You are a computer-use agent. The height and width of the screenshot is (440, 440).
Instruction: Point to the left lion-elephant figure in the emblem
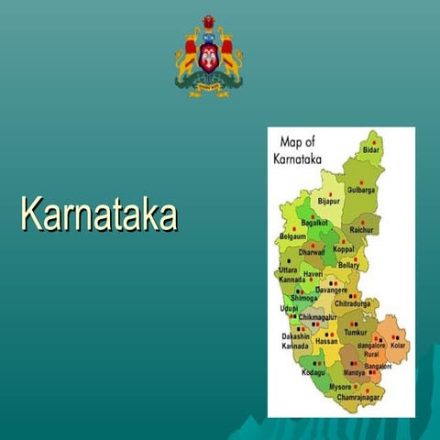tap(188, 57)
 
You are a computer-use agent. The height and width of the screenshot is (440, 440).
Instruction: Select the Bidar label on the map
tap(370, 148)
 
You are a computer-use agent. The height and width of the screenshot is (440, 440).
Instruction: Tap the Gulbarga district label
tap(361, 190)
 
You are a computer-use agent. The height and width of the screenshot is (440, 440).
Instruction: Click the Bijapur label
tap(328, 200)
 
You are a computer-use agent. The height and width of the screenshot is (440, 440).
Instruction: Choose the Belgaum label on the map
tap(292, 236)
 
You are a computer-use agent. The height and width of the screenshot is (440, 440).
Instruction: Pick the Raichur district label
tap(362, 230)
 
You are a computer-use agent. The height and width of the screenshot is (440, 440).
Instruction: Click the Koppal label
tap(344, 249)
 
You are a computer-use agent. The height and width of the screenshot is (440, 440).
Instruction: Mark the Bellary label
tap(348, 265)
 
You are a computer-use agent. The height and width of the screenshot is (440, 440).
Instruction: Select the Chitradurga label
tap(352, 302)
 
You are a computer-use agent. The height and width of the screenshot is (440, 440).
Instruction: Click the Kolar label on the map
tap(398, 346)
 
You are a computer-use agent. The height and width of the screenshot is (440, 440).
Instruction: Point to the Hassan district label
tap(326, 341)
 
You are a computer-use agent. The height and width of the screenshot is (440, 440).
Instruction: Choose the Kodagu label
tap(313, 372)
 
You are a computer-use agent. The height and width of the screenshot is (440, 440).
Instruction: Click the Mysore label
tap(340, 387)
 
